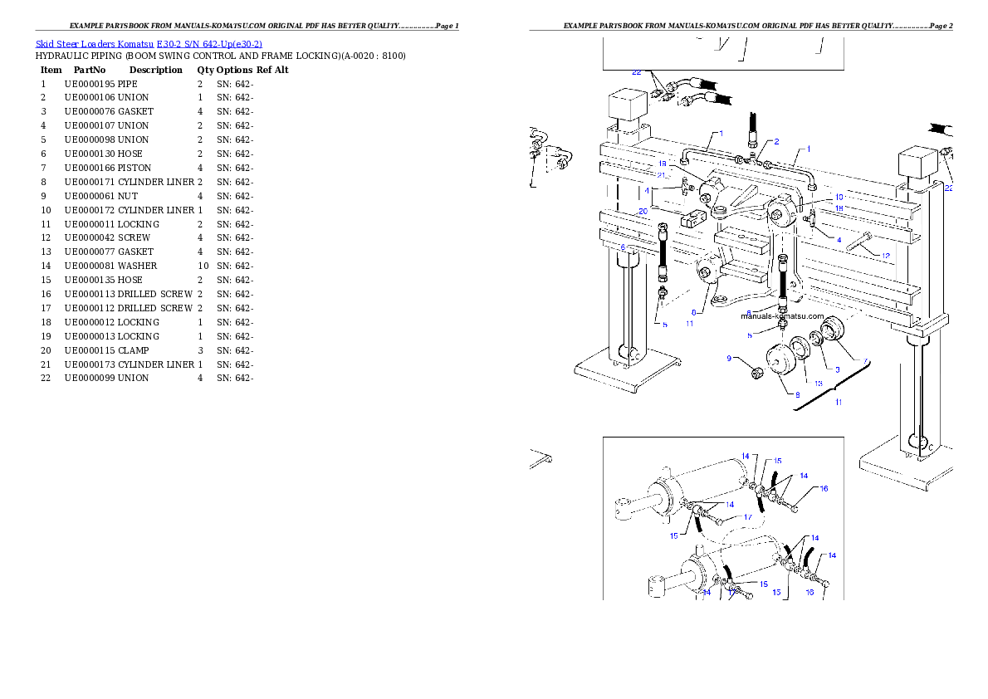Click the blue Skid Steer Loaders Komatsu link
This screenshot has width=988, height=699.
coord(149,44)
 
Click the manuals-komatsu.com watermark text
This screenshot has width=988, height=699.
coord(782,316)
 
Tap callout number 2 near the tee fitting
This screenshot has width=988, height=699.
coord(776,142)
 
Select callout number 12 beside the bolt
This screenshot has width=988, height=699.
coord(886,256)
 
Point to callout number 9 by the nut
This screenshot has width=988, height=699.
coord(730,359)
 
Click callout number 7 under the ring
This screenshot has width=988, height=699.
coord(865,361)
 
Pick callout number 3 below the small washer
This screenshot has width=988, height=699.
coord(838,369)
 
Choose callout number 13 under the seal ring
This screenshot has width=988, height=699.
coord(818,384)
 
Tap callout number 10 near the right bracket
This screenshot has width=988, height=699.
coord(839,198)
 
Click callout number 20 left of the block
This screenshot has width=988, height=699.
coord(643,212)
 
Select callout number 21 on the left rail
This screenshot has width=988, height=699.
coord(662,174)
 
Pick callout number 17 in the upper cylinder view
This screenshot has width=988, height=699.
coord(747,517)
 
